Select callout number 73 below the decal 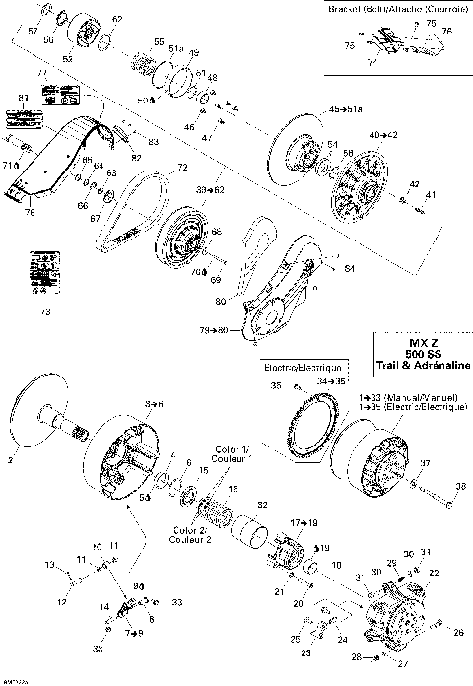(x=42, y=312)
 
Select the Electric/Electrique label (x=296, y=366)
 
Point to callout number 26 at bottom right (x=457, y=631)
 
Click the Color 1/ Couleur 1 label (x=232, y=455)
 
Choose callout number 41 (x=430, y=195)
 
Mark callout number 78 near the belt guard (x=29, y=212)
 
